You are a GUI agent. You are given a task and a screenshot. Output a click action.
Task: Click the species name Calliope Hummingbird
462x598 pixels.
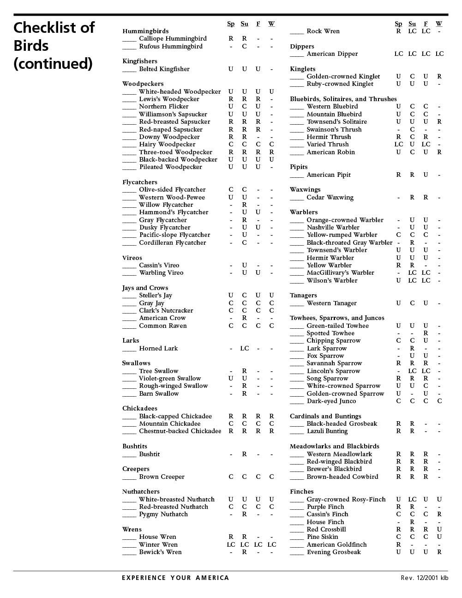(173, 39)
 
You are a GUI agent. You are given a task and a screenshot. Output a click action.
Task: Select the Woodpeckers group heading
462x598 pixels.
(143, 84)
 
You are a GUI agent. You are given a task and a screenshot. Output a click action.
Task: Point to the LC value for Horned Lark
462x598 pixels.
(245, 349)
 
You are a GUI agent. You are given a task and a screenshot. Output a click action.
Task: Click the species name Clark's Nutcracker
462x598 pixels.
(166, 311)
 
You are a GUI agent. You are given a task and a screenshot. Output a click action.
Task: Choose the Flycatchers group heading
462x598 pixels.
(139, 182)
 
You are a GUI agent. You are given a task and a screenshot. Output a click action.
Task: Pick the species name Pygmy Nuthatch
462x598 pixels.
(163, 514)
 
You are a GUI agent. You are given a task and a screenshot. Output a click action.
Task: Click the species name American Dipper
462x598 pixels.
(332, 54)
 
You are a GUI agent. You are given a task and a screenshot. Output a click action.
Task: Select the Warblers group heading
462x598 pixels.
(304, 212)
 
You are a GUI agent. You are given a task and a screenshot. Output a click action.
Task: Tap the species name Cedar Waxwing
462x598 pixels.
(330, 198)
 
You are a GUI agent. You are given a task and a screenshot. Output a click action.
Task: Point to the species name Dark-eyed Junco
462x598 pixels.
(331, 401)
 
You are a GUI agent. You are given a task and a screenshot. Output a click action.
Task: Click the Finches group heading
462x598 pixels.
(301, 492)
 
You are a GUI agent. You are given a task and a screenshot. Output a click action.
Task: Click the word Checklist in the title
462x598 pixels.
(54, 28)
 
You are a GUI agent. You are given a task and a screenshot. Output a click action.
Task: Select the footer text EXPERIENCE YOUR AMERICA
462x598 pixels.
(175, 578)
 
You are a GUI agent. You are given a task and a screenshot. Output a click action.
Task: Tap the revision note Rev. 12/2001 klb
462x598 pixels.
(424, 578)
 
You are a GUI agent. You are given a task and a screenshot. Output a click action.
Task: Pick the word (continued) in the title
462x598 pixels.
(53, 63)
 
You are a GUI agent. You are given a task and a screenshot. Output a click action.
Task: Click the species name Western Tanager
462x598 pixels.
(331, 303)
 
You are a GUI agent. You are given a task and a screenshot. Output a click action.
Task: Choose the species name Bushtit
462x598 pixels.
(149, 454)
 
